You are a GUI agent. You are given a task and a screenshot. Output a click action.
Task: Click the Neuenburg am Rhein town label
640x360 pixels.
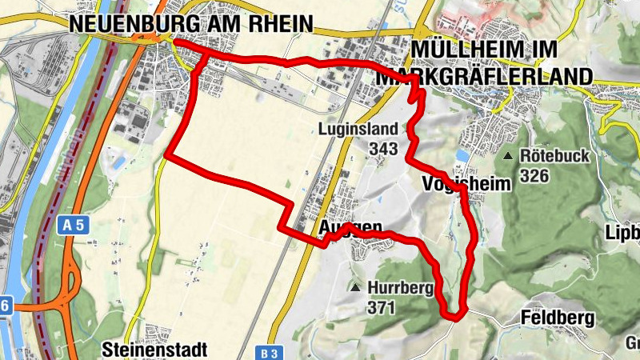tap(190, 24)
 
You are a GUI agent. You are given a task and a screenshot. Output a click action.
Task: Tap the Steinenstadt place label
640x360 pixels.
tap(155, 349)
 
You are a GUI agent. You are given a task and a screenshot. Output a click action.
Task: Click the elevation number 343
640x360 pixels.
tap(384, 148)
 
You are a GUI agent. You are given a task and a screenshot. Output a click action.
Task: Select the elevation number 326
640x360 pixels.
tap(534, 174)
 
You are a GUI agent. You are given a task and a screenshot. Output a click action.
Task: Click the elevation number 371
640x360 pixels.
tap(382, 306)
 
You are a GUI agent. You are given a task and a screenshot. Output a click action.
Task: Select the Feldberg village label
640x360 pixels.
tap(557, 318)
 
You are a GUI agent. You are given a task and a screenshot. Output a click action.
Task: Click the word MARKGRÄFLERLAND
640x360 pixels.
tap(484, 76)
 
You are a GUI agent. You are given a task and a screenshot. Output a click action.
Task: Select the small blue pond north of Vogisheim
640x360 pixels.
tap(462, 155)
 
